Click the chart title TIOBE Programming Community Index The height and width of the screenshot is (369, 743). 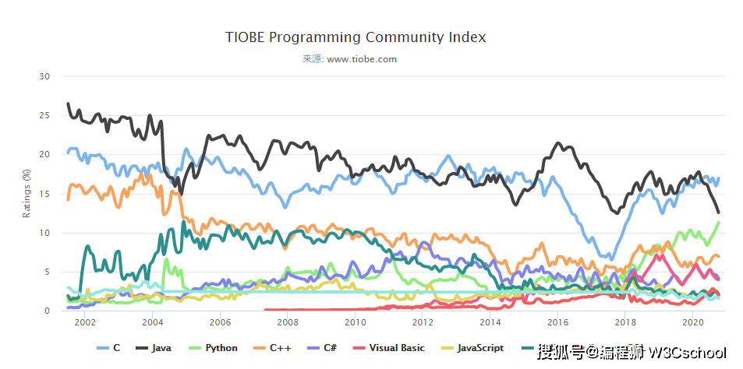[356, 37]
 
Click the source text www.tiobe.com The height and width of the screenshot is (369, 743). [362, 59]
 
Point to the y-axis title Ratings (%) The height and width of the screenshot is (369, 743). [27, 194]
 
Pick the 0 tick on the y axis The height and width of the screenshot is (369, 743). [47, 311]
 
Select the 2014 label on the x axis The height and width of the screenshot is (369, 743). [490, 322]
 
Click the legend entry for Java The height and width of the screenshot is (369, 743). [154, 348]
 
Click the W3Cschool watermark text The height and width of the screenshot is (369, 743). [687, 353]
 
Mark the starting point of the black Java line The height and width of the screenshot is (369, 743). [68, 103]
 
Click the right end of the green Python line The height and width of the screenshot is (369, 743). [719, 223]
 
